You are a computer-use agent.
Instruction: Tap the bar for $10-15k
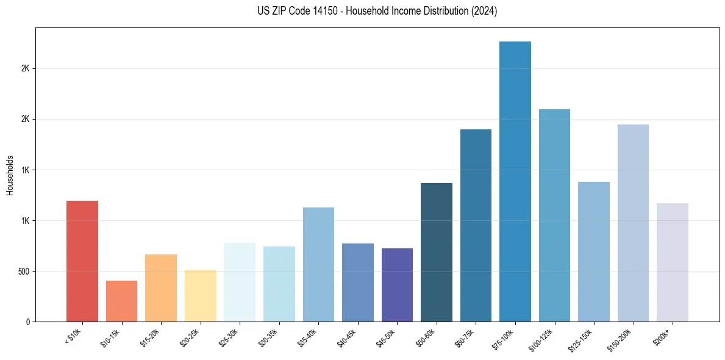click(x=121, y=301)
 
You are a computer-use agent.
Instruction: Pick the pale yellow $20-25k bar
click(x=200, y=295)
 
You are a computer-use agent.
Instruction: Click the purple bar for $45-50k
click(x=397, y=285)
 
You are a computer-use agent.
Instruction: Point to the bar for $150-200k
click(x=633, y=223)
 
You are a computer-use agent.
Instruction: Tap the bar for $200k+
click(x=673, y=262)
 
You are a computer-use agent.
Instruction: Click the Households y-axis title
click(x=10, y=175)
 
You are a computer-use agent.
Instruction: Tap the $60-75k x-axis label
click(x=465, y=337)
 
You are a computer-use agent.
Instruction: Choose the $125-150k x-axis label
click(x=582, y=339)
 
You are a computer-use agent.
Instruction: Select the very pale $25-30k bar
click(x=240, y=282)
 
